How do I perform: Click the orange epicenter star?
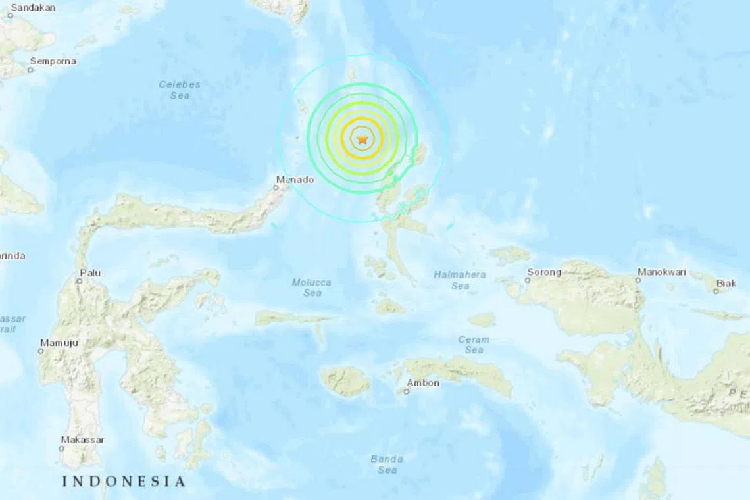[362, 139]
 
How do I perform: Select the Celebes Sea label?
[179, 90]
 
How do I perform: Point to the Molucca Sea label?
[312, 287]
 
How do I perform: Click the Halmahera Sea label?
[461, 280]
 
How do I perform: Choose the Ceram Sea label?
[474, 345]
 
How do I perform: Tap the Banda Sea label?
[386, 464]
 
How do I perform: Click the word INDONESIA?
[124, 482]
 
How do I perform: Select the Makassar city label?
[82, 439]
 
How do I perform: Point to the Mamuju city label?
[59, 342]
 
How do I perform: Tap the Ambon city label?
[423, 383]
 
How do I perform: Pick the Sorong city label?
[544, 272]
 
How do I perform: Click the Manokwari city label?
[661, 271]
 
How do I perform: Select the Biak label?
[726, 283]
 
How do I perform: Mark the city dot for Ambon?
[407, 391]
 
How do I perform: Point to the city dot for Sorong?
[527, 280]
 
